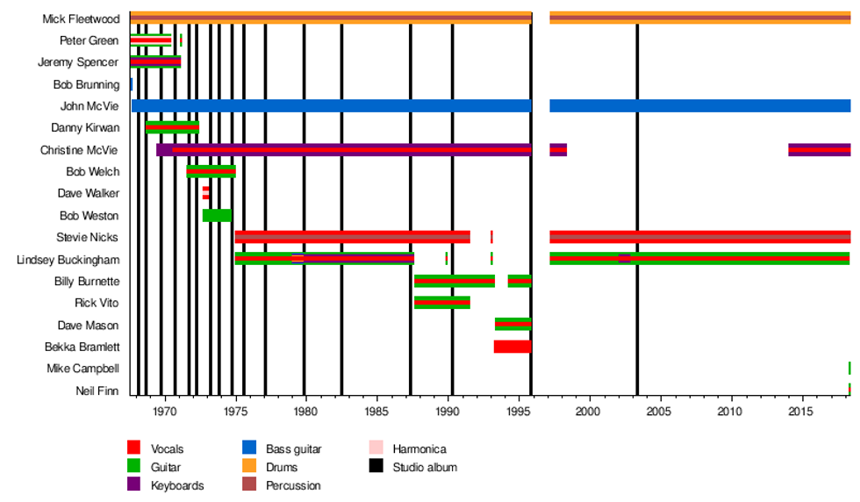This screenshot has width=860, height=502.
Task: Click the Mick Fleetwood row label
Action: coord(81,18)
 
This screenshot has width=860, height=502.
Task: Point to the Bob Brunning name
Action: coord(86,85)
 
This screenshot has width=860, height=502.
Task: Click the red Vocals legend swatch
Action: coord(133,449)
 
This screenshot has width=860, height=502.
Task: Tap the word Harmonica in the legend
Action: coord(419,449)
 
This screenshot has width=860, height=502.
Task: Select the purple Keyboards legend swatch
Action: coord(133,485)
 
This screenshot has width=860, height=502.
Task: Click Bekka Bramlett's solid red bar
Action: coord(512,347)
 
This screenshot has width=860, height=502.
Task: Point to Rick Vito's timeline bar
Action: coord(441,303)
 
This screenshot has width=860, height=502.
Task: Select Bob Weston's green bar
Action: coord(217,216)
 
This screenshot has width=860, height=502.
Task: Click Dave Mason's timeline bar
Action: coord(512,325)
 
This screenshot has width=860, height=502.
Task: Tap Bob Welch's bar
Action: coord(211,172)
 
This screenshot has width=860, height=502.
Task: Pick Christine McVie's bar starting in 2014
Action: coord(819,150)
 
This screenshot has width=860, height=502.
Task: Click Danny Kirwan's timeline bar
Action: coord(172,128)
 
